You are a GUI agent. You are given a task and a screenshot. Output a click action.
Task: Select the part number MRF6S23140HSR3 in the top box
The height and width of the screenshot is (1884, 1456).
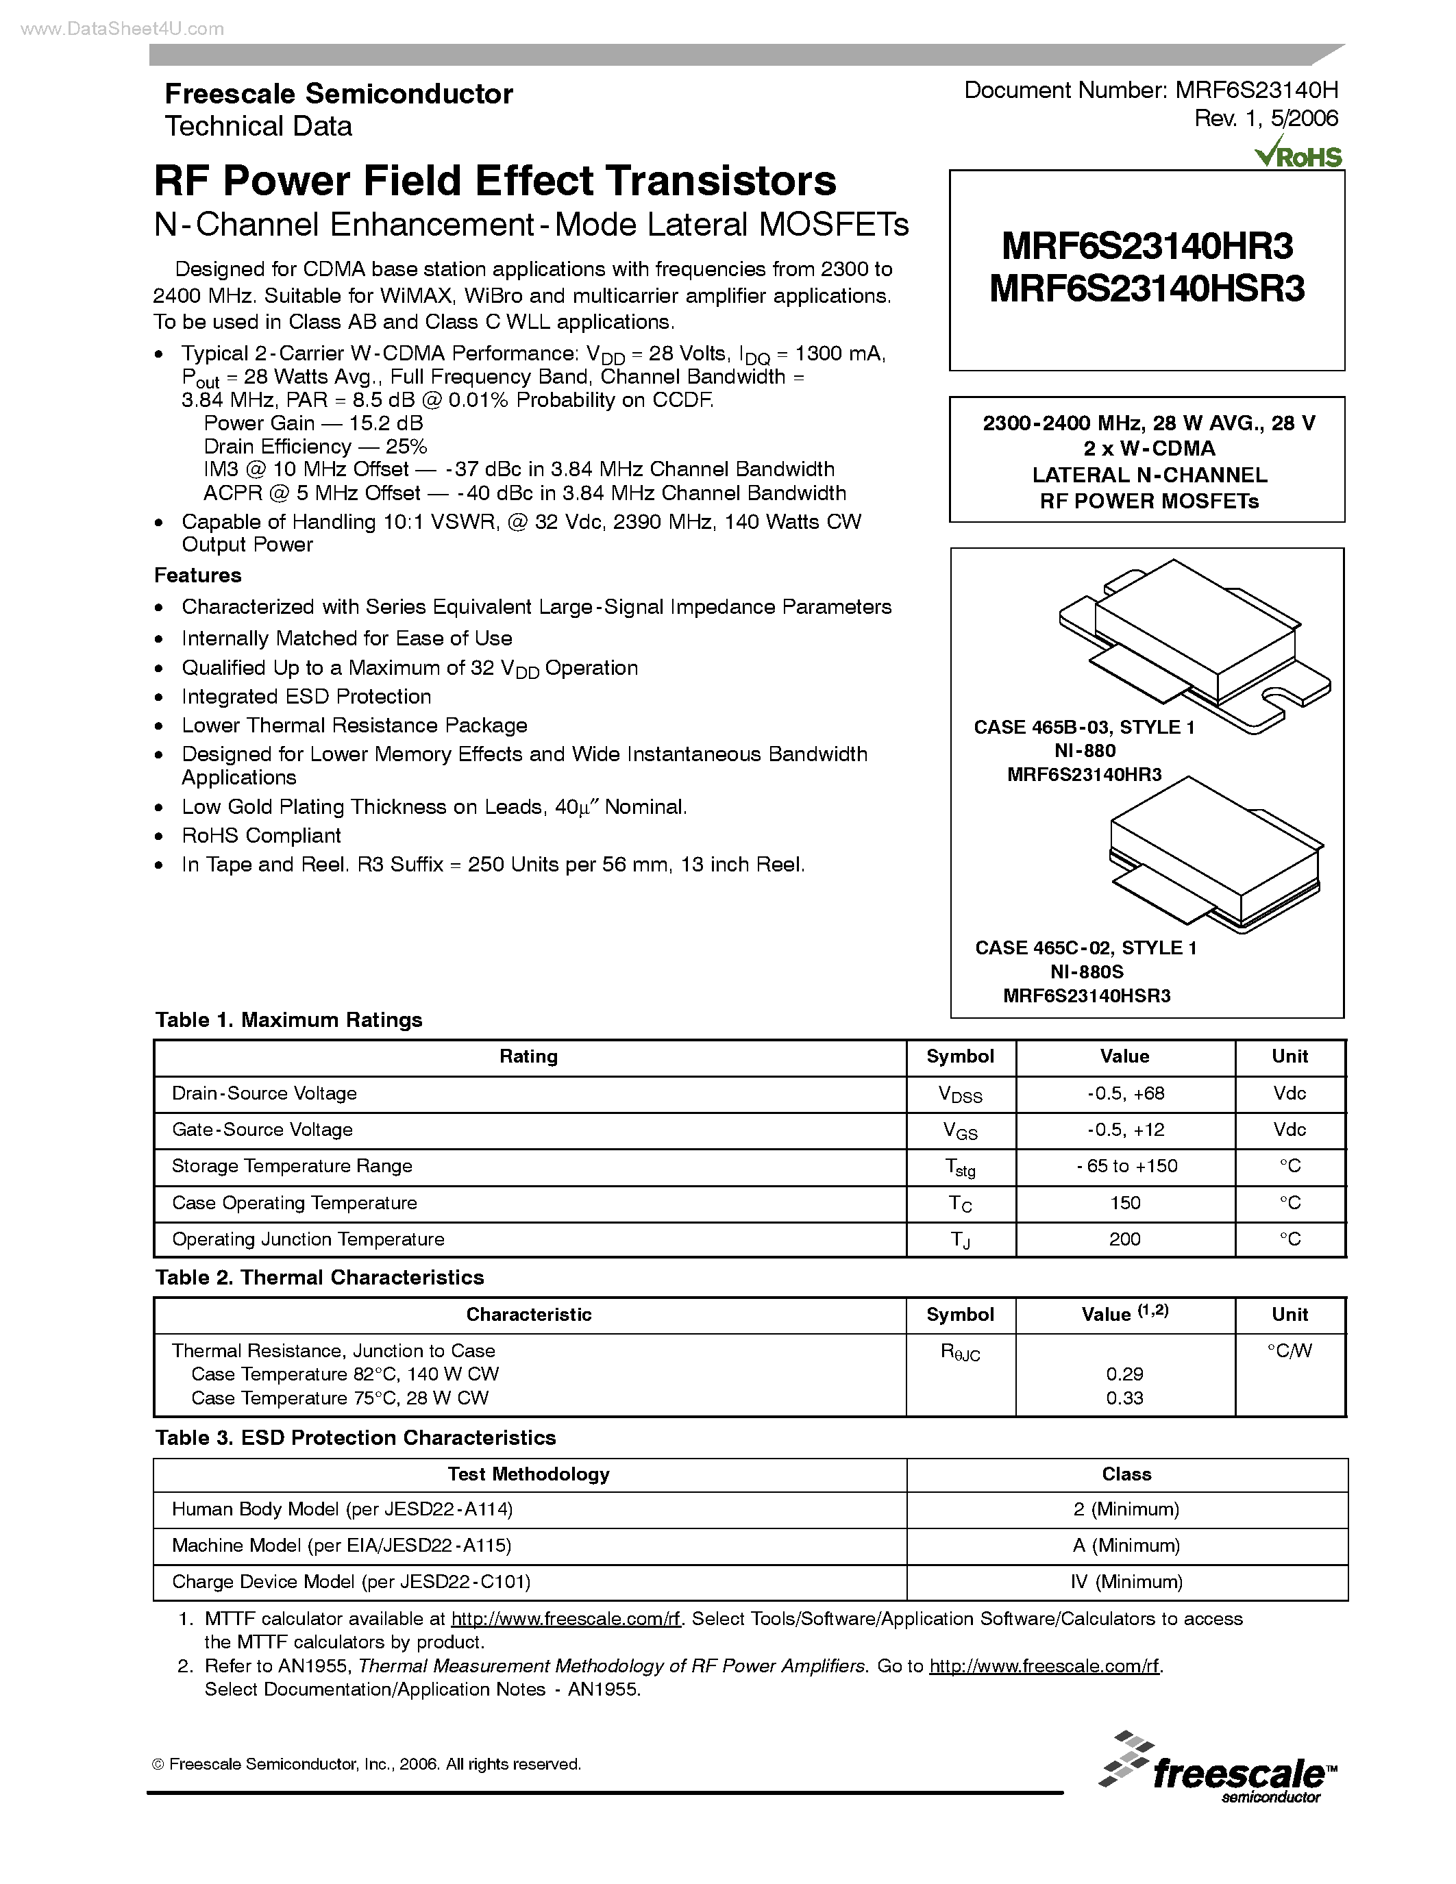tap(1146, 289)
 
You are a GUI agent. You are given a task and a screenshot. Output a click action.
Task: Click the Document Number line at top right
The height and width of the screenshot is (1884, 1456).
tap(1150, 90)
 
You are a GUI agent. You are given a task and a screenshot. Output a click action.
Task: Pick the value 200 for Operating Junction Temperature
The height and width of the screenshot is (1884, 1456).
tap(1125, 1239)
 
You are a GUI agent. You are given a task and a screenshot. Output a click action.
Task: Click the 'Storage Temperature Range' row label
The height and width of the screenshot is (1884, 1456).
tap(292, 1166)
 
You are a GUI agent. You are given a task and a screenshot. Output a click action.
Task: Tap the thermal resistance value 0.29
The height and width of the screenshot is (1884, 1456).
tap(1125, 1374)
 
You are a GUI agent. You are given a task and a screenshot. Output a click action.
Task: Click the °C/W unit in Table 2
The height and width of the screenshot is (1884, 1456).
tap(1289, 1352)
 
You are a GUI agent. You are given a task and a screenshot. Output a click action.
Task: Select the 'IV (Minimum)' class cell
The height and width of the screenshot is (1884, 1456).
tap(1126, 1582)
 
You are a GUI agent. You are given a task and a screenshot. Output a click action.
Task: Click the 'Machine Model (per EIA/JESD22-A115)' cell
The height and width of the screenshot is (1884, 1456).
tap(342, 1546)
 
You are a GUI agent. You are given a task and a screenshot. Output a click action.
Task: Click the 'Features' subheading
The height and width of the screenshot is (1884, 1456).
tap(197, 575)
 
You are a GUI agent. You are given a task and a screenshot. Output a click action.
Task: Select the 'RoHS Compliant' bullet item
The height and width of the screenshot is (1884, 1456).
tap(260, 836)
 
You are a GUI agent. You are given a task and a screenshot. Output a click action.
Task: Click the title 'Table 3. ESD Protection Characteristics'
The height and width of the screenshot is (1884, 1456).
tap(356, 1438)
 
